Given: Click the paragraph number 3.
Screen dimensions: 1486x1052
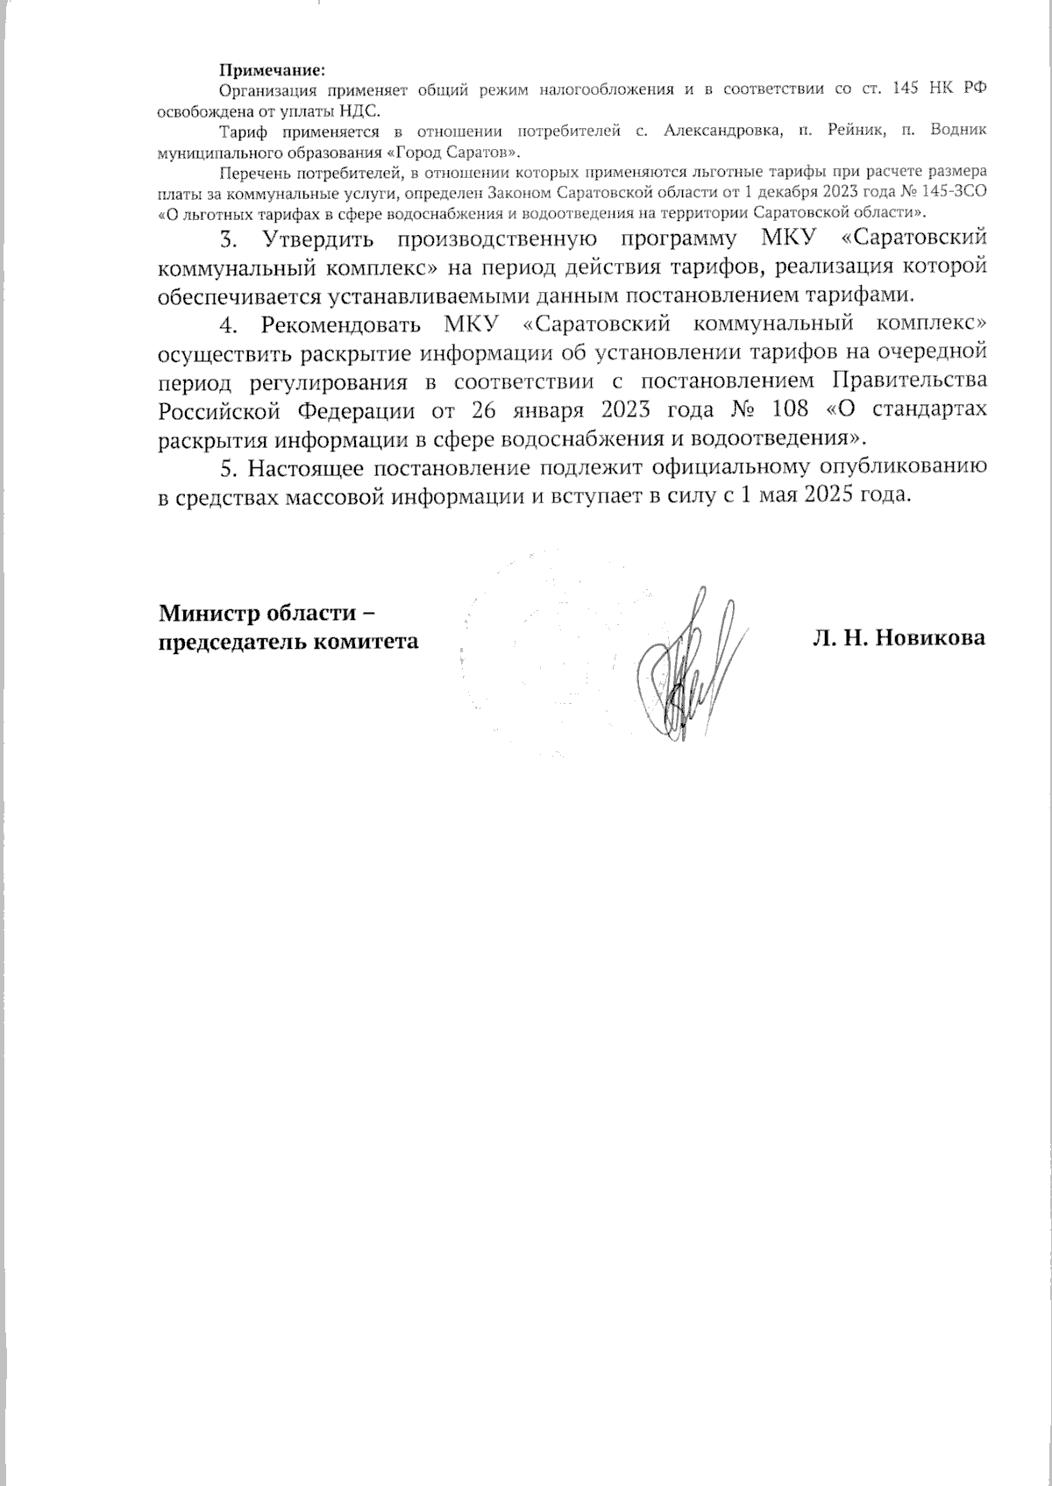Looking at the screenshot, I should [228, 238].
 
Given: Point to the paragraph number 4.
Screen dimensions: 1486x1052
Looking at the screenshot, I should [228, 324].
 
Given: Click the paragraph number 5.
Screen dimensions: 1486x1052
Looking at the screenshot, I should [228, 466].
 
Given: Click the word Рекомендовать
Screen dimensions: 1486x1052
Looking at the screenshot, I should [341, 324].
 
